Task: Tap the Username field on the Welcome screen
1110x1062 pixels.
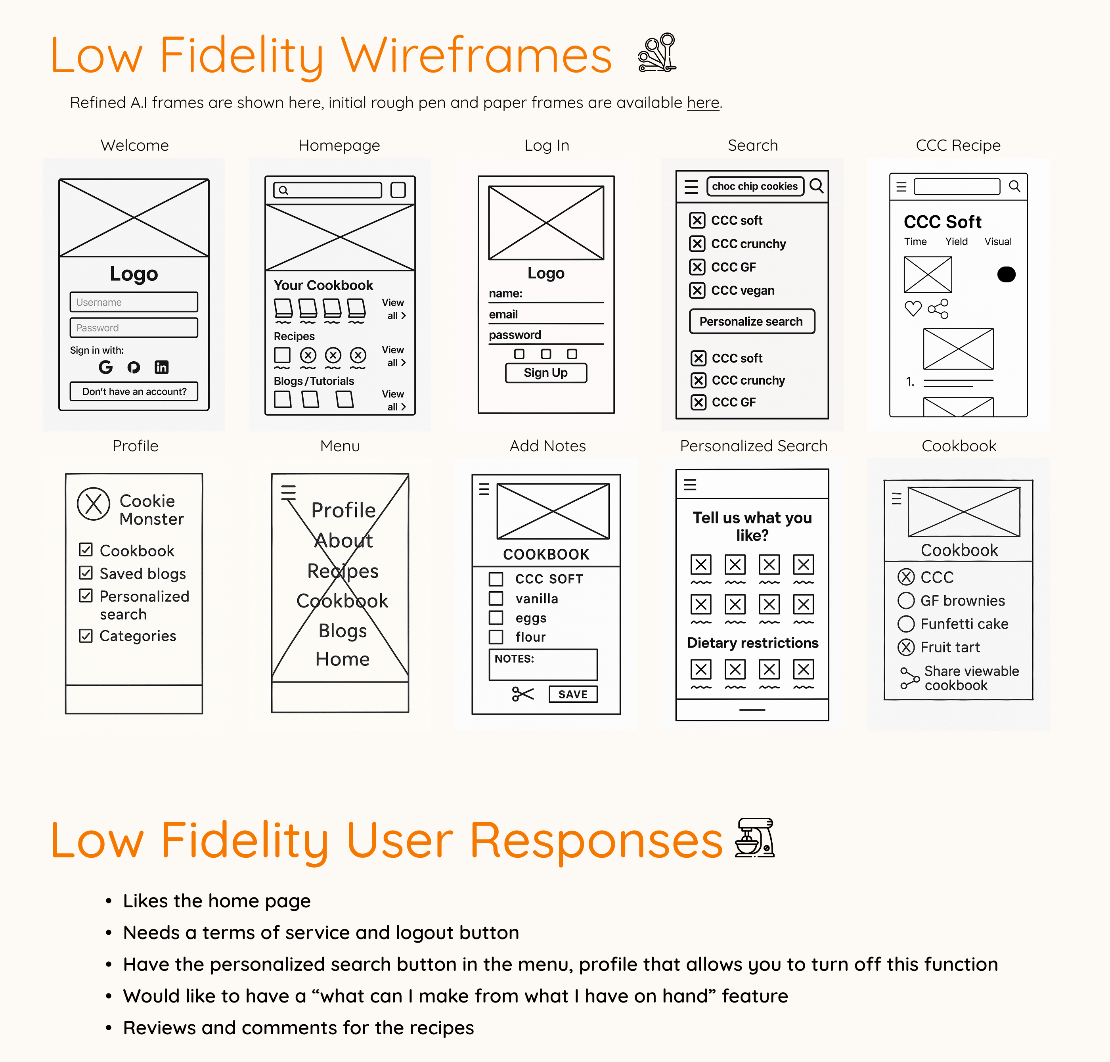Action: tap(134, 302)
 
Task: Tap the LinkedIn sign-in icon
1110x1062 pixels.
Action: tap(161, 367)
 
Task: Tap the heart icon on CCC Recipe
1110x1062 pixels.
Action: tap(913, 309)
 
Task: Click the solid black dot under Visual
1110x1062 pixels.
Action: tap(1006, 274)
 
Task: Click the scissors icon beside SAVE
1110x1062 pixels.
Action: tap(522, 694)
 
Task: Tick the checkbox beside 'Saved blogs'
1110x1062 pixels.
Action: tap(86, 573)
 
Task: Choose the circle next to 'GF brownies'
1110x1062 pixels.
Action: tap(906, 600)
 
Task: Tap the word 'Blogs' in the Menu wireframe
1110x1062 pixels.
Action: tap(343, 631)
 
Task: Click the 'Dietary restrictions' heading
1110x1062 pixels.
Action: tap(752, 643)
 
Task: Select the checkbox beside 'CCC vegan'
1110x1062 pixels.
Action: tap(697, 290)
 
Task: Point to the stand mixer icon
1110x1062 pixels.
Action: tap(754, 838)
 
